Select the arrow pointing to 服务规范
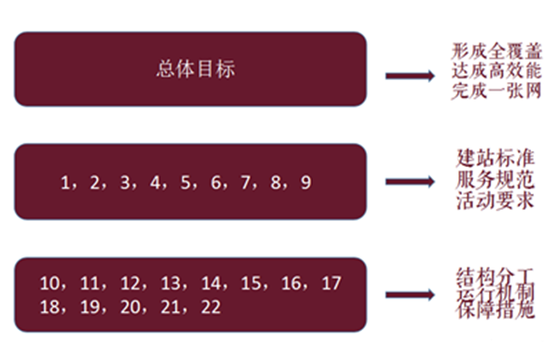(x=411, y=182)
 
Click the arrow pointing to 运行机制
(x=412, y=295)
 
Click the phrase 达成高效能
(x=489, y=71)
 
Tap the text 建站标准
(x=489, y=158)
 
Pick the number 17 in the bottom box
(x=331, y=282)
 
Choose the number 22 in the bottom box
(x=212, y=305)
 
